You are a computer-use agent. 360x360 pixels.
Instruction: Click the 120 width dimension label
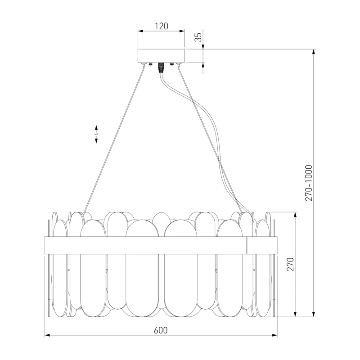click(162, 26)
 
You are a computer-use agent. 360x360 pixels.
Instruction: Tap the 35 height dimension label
click(198, 37)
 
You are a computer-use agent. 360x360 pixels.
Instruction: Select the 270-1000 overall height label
click(309, 183)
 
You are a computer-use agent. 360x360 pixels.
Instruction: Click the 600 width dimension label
click(161, 330)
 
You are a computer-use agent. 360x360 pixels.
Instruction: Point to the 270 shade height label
click(290, 264)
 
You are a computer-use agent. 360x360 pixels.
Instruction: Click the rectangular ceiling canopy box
click(161, 55)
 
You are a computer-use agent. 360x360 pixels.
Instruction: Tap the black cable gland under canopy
click(161, 67)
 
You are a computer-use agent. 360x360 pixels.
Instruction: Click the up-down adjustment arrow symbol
click(96, 134)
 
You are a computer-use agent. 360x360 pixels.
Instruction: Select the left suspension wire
click(114, 139)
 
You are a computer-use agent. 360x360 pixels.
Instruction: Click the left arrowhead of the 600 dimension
click(47, 335)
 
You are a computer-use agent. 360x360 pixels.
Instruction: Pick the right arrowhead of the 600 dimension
click(274, 335)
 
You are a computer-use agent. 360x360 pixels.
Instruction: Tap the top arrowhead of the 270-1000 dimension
click(314, 52)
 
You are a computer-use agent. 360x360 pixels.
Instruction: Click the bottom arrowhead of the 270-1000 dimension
click(314, 314)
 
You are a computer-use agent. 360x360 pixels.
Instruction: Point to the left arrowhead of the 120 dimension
click(140, 31)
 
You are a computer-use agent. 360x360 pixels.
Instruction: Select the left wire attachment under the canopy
click(144, 64)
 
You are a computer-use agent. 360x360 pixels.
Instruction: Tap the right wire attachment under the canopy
click(178, 64)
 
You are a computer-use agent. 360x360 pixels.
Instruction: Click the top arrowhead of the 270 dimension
click(296, 215)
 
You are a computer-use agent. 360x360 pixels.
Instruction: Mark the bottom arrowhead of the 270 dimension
click(296, 314)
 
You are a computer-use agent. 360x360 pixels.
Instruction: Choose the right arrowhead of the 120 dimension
click(182, 31)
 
